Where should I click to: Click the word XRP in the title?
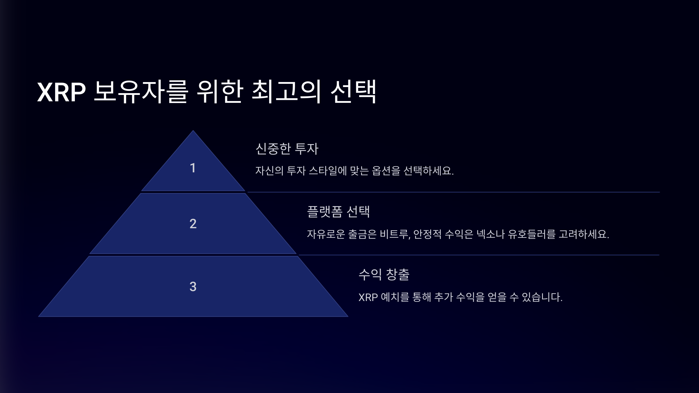61,92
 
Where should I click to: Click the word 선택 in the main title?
354,92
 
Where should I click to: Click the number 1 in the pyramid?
193,168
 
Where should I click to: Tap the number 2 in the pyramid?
193,224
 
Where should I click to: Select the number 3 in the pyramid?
193,286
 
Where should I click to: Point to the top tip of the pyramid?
193,131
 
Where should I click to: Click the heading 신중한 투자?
287,149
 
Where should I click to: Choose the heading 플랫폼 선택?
338,212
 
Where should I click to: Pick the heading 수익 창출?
384,274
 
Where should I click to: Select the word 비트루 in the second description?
395,234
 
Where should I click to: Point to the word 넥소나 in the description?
490,234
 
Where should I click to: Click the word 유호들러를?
532,234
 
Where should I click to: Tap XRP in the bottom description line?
368,297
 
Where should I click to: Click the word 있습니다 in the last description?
542,297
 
